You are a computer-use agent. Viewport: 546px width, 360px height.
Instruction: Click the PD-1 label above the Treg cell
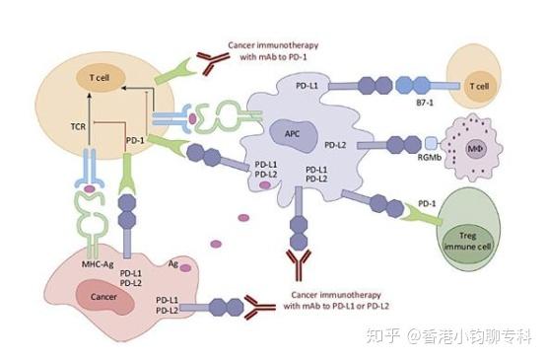click(x=426, y=203)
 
